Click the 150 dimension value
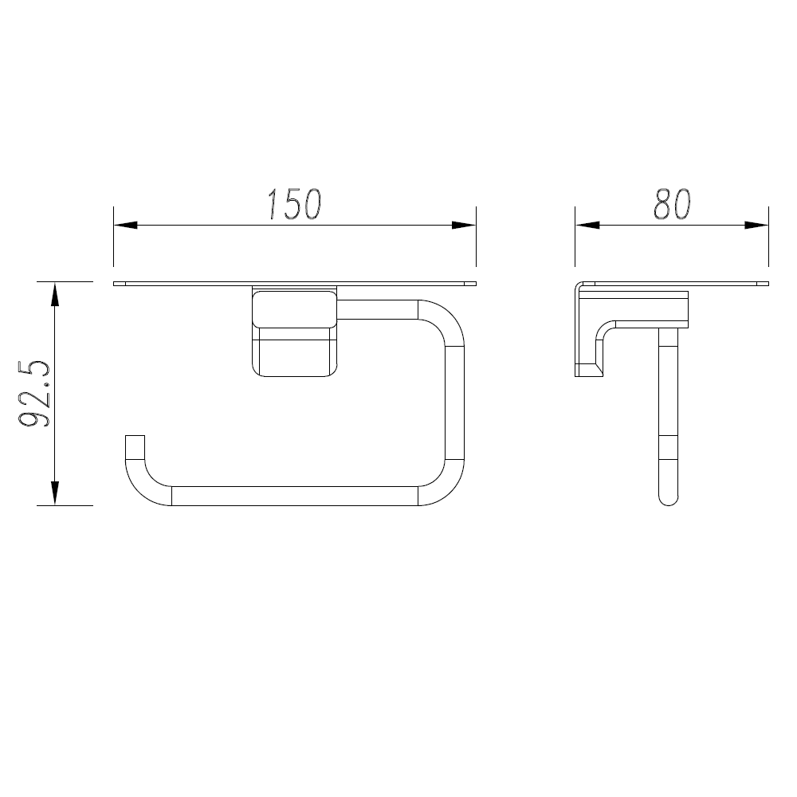[x=295, y=204]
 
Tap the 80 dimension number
[x=672, y=204]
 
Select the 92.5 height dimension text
[x=34, y=394]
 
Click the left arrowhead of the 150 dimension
[x=126, y=226]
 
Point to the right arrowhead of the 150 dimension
[x=464, y=226]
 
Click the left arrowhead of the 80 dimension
[x=587, y=226]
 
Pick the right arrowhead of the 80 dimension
[x=756, y=226]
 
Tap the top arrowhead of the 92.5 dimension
[x=55, y=294]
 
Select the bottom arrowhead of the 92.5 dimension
[x=55, y=493]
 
